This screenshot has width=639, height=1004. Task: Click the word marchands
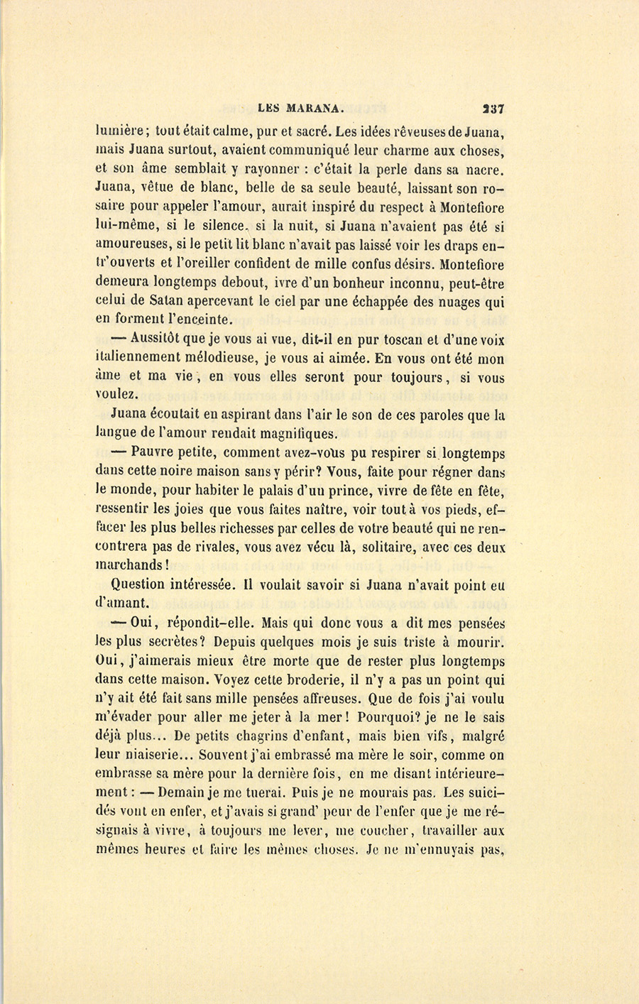tap(130, 566)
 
